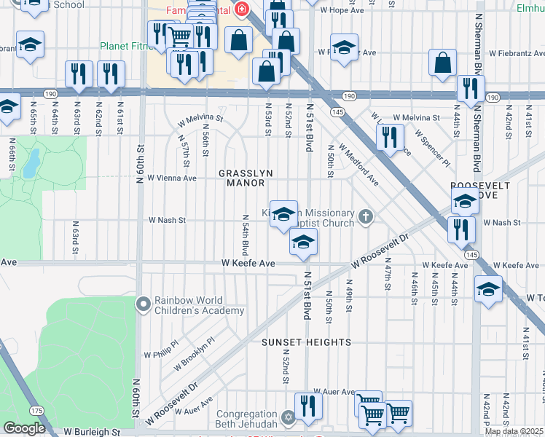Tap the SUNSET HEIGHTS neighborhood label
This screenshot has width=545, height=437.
point(307,342)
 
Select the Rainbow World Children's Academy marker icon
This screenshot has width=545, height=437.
point(144,302)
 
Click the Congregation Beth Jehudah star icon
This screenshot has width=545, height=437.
point(288,418)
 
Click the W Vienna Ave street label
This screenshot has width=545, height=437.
point(172,177)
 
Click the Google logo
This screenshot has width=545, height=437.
point(24,428)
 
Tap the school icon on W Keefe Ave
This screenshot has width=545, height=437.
point(303,241)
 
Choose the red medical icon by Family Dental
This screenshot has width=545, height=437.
point(241,9)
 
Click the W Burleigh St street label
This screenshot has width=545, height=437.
point(93,432)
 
